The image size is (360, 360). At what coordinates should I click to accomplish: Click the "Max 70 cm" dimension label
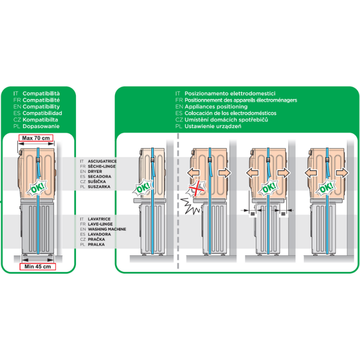36,137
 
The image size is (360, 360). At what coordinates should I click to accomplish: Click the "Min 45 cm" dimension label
37,267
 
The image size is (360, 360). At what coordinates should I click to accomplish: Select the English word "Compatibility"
41,107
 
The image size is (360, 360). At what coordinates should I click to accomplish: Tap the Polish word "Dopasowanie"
41,126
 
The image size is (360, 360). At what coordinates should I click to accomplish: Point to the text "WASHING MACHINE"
107,229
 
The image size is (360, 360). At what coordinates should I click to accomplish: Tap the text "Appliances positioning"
216,107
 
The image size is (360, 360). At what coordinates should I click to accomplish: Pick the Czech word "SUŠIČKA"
97,181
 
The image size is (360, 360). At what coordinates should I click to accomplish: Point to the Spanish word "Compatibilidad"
42,113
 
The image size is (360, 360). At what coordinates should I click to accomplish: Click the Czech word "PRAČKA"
97,240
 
